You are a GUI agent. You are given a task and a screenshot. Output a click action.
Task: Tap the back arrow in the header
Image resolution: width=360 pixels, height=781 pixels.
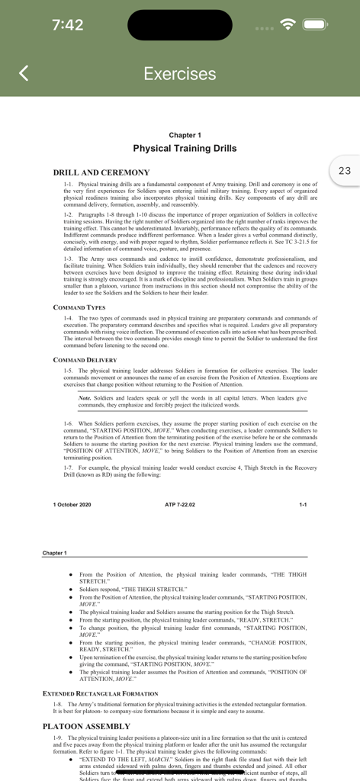[24, 73]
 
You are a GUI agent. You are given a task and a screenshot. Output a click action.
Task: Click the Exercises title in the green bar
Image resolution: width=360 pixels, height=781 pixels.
[180, 73]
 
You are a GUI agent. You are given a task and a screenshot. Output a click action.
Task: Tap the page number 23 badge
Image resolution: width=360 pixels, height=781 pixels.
[344, 171]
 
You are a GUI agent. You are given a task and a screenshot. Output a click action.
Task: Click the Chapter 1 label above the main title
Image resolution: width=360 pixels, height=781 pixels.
[185, 134]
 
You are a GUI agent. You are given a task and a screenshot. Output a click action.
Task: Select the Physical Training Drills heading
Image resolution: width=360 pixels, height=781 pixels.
[185, 149]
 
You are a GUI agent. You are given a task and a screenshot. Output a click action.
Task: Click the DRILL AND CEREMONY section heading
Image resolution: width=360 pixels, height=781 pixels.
[101, 172]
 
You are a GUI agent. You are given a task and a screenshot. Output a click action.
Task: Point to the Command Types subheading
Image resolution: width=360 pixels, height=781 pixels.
[79, 307]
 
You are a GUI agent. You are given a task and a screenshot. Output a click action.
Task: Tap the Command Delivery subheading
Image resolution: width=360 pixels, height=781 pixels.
[85, 359]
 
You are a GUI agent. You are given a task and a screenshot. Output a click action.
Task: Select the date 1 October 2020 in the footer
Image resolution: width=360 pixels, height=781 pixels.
[72, 505]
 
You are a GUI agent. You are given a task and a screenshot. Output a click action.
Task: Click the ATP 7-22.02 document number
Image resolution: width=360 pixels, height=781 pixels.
[180, 505]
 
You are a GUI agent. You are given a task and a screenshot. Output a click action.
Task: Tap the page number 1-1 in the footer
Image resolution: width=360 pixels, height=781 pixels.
[303, 505]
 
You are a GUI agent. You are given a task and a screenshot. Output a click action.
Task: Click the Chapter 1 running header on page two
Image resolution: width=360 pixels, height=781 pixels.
[54, 552]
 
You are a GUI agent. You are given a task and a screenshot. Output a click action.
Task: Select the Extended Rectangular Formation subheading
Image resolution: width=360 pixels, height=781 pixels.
[100, 693]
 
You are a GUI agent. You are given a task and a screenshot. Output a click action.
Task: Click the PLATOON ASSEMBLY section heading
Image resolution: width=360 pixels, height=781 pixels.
[86, 726]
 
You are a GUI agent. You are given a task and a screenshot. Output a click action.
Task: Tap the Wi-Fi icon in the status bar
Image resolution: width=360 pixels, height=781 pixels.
[288, 24]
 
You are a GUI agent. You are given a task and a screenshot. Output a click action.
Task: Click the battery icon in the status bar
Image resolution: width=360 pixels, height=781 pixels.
[315, 24]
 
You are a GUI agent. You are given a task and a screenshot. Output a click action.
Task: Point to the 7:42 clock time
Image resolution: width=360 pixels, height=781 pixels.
[68, 24]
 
